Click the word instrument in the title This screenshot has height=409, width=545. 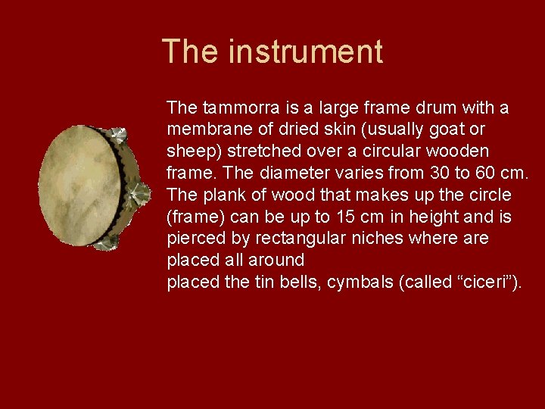306,52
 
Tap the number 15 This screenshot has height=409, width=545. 347,217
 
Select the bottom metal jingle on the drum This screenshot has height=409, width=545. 107,240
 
